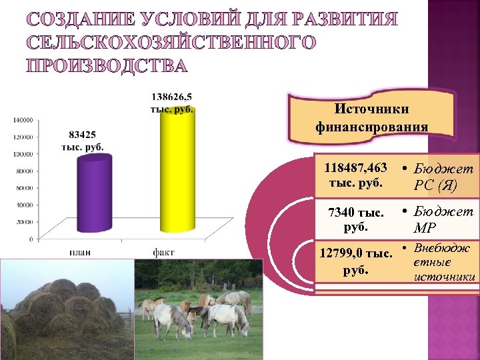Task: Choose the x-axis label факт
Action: click(x=164, y=252)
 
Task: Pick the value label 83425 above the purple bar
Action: click(x=82, y=134)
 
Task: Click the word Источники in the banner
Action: click(x=371, y=109)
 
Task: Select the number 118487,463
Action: click(x=355, y=169)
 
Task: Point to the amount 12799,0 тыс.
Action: click(x=355, y=253)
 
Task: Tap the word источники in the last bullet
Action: click(x=444, y=276)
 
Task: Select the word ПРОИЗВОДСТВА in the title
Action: click(x=107, y=66)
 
